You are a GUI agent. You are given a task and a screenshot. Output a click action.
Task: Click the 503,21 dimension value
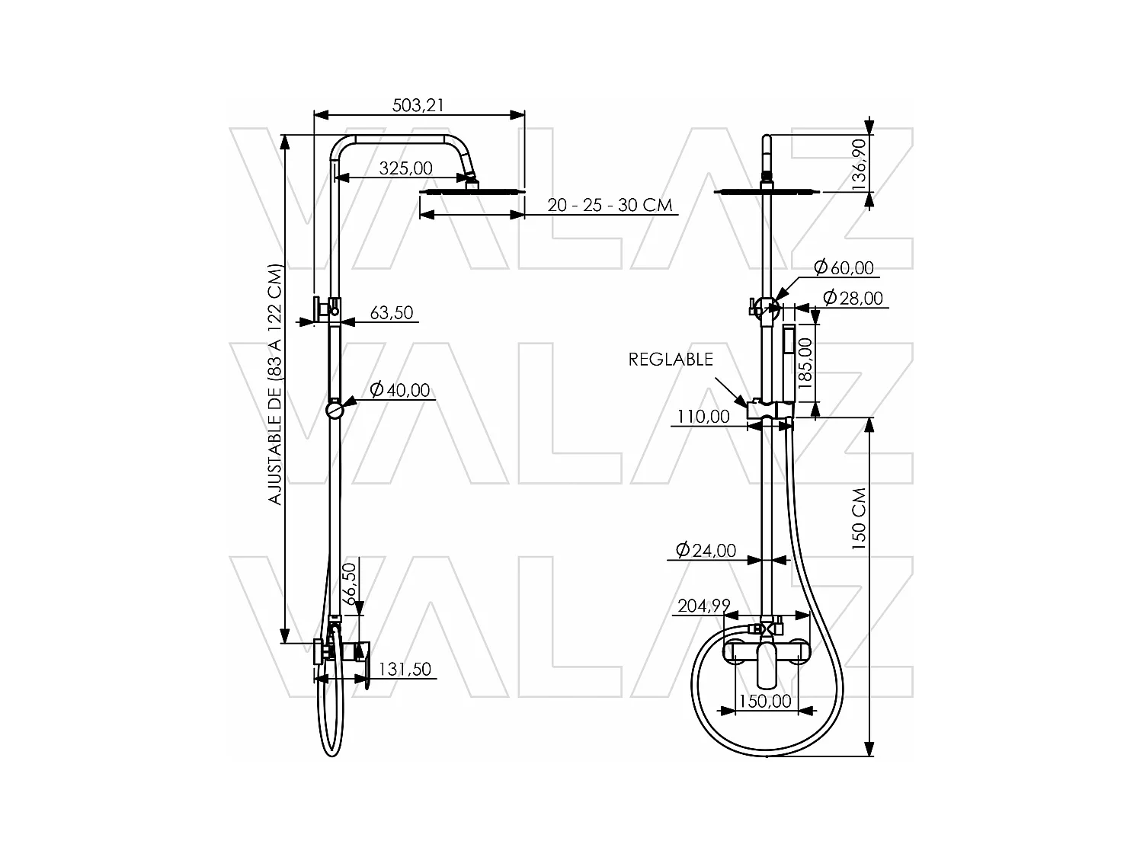coord(418,105)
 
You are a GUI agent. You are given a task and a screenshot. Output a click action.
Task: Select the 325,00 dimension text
coord(405,168)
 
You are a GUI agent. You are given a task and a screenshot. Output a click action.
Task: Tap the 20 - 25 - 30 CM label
coord(610,205)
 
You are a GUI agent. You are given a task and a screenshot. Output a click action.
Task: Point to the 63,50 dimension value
coord(391,312)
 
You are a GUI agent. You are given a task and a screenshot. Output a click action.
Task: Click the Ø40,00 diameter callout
coord(400,390)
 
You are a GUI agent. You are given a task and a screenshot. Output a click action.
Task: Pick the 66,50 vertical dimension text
coord(351,584)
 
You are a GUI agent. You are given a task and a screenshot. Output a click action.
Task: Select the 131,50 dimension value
coord(405,670)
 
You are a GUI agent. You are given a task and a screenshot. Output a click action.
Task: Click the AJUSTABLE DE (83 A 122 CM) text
coord(275,385)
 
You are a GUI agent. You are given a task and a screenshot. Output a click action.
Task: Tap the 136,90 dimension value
coord(860,164)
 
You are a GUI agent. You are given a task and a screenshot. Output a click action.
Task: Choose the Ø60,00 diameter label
coord(843,267)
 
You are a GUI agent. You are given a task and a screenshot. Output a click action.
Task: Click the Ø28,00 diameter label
coord(853,298)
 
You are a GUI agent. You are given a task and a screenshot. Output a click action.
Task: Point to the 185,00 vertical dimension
coord(805,363)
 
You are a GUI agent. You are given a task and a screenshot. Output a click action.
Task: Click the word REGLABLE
coord(671,359)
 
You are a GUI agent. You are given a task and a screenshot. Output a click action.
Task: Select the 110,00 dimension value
coord(703,417)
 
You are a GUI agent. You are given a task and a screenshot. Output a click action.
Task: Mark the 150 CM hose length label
coord(860,518)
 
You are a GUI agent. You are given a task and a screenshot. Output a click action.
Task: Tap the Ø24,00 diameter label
coord(706,550)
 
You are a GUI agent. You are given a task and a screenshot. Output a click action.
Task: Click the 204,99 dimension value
coord(703,606)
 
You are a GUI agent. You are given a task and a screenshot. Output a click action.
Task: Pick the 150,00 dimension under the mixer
coord(765,701)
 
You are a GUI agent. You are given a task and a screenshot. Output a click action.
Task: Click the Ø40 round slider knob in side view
coord(335,411)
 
